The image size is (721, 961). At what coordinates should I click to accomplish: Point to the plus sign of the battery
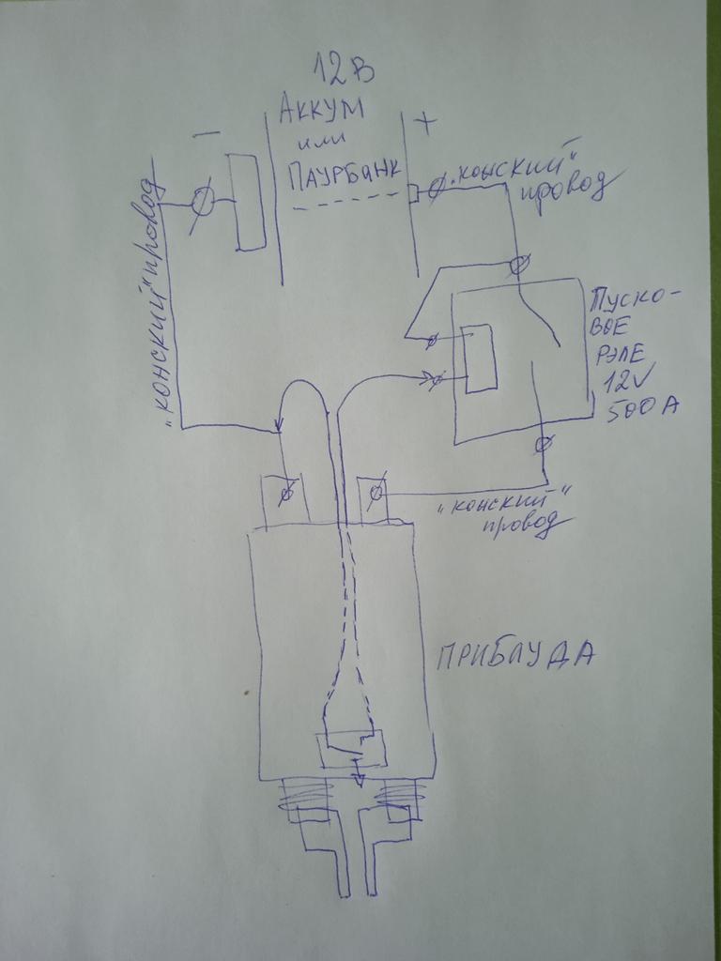click(425, 123)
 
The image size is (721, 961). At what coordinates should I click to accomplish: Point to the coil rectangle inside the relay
click(480, 358)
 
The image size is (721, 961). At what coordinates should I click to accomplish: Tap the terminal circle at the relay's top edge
click(519, 265)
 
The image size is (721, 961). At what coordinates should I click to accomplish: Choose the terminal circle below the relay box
click(544, 442)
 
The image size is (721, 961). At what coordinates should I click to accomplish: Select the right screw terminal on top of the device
click(375, 492)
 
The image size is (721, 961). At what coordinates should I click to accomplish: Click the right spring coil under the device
click(401, 799)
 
